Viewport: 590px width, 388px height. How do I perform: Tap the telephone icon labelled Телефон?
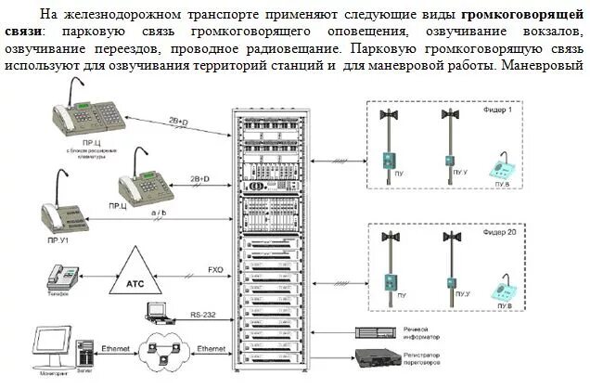point(63,276)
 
